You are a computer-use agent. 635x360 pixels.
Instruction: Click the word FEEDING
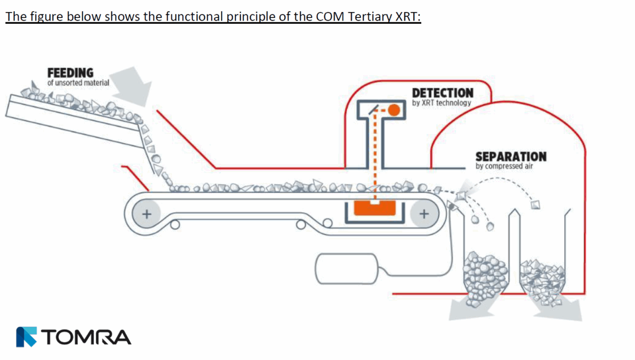click(70, 73)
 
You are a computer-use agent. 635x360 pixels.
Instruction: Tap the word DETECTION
click(442, 93)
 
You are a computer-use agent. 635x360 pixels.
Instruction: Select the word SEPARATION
click(511, 157)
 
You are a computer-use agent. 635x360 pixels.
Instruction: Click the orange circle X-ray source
click(393, 110)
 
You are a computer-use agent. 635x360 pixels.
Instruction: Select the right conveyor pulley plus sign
click(424, 214)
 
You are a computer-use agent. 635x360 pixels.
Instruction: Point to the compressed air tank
click(347, 268)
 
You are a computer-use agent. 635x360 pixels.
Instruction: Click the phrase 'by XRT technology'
click(441, 103)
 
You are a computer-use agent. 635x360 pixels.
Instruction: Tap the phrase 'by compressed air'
click(503, 167)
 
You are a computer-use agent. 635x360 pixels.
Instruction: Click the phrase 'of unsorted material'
click(78, 83)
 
